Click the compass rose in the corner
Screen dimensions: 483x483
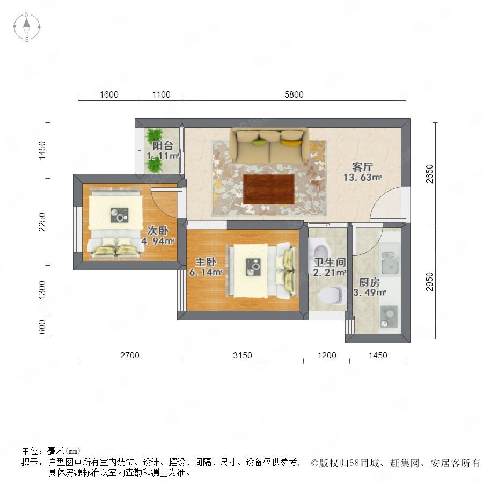[x=27, y=27]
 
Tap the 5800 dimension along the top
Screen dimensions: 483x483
[x=294, y=94]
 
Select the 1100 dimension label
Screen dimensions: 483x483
[x=161, y=94]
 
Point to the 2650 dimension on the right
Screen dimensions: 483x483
[x=429, y=174]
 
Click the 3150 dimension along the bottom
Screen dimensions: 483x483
[x=243, y=355]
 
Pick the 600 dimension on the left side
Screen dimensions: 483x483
[x=42, y=327]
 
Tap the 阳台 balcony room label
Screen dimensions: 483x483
[x=163, y=145]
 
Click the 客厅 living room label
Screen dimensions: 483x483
[x=362, y=167]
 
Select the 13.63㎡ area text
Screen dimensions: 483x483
[x=363, y=178]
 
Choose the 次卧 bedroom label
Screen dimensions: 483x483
[x=158, y=230]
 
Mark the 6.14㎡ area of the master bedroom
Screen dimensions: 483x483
[x=206, y=272]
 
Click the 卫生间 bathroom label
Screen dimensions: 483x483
[x=330, y=262]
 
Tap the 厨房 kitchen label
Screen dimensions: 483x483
[x=369, y=282]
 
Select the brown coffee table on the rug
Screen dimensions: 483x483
[x=269, y=189]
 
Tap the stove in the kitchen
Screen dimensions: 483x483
[x=389, y=317]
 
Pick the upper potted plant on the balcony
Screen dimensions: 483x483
[x=154, y=136]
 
